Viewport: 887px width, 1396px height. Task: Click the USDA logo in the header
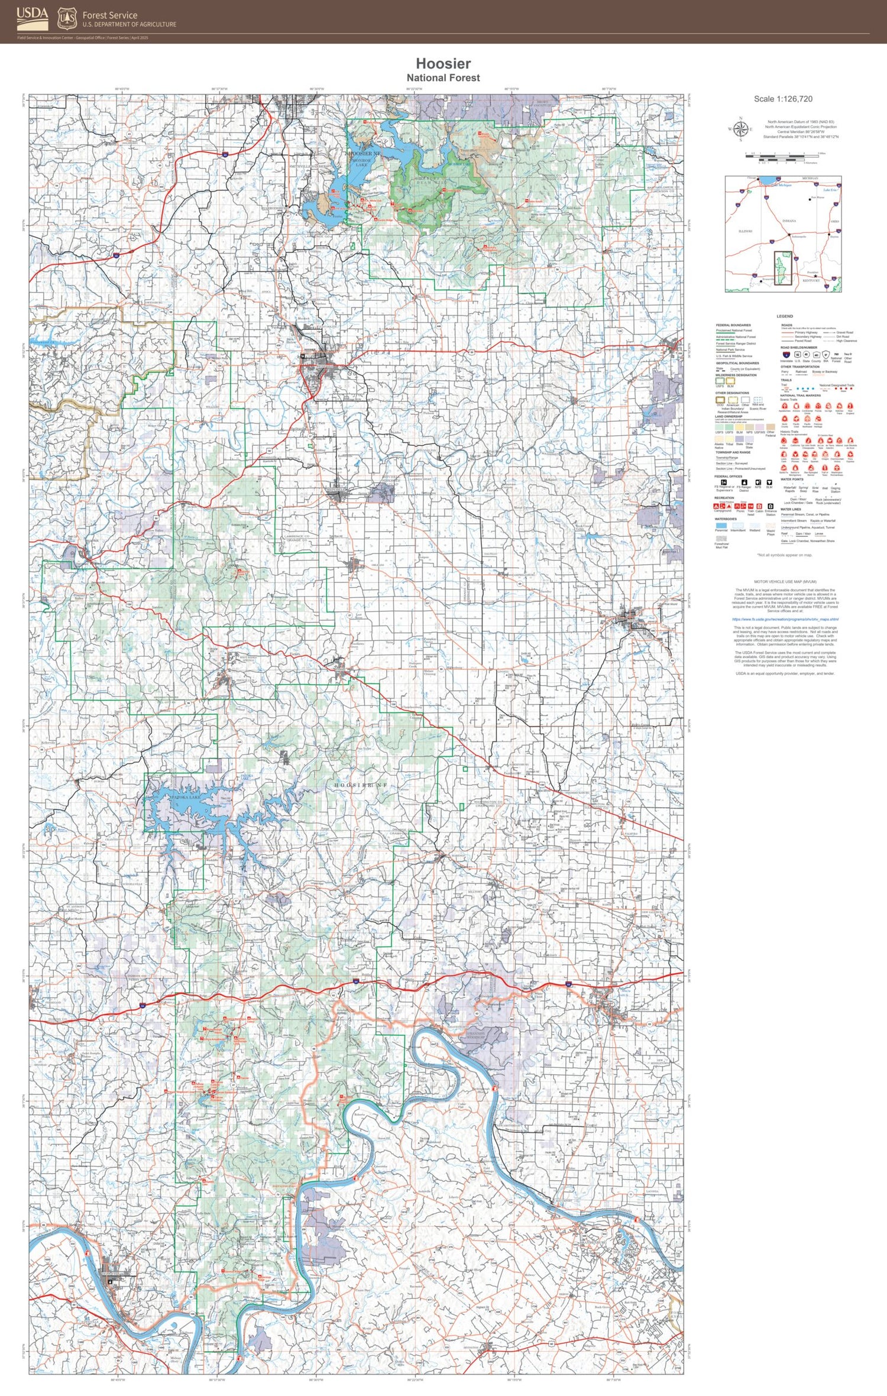click(32, 18)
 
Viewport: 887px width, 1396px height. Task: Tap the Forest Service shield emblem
click(67, 18)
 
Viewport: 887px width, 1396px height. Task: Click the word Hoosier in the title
click(443, 63)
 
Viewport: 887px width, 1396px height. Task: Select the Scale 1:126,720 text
click(783, 99)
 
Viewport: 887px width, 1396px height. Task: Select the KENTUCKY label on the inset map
click(811, 281)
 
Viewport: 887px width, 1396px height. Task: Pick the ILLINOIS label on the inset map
click(745, 231)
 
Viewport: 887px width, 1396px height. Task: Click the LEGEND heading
click(785, 316)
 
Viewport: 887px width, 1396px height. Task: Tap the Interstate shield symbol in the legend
click(786, 355)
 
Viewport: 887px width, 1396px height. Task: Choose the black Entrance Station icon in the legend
click(771, 507)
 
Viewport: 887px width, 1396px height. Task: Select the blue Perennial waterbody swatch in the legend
click(721, 525)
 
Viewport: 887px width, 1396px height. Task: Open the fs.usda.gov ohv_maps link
click(785, 619)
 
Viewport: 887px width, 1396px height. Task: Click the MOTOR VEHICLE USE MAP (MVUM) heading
click(785, 582)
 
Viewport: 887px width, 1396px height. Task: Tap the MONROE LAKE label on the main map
click(361, 163)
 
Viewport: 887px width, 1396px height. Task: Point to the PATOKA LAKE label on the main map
click(185, 797)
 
